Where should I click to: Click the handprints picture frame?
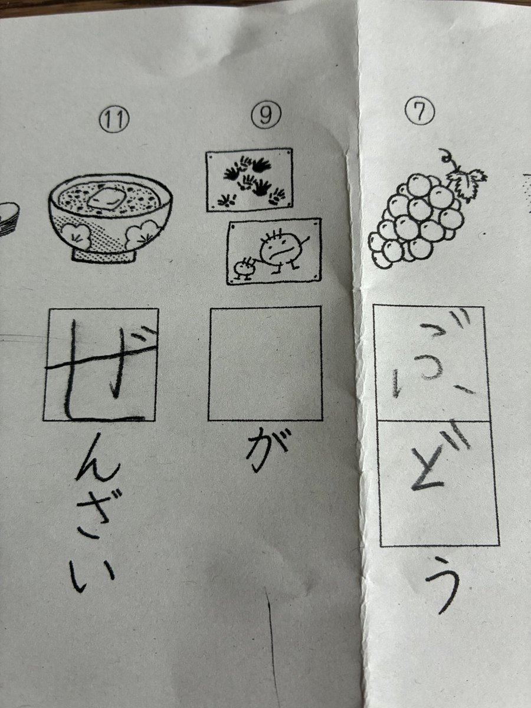point(249,179)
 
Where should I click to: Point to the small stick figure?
point(244,268)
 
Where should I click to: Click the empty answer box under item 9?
point(265,362)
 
